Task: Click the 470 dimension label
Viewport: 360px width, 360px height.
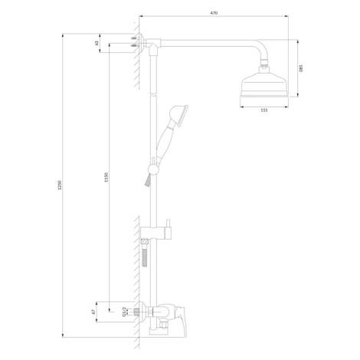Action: [x=214, y=13]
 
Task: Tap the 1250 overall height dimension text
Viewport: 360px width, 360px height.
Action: [x=60, y=185]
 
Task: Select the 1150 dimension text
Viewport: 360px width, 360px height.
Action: [x=106, y=178]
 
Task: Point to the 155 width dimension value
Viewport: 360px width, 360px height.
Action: [x=264, y=110]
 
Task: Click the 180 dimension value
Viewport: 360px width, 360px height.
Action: [x=301, y=68]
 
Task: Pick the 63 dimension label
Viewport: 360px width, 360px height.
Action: [x=97, y=43]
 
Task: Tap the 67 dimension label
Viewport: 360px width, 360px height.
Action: [x=93, y=312]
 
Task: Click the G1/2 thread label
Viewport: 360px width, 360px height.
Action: [x=124, y=312]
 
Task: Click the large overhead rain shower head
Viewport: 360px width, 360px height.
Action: [x=264, y=82]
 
